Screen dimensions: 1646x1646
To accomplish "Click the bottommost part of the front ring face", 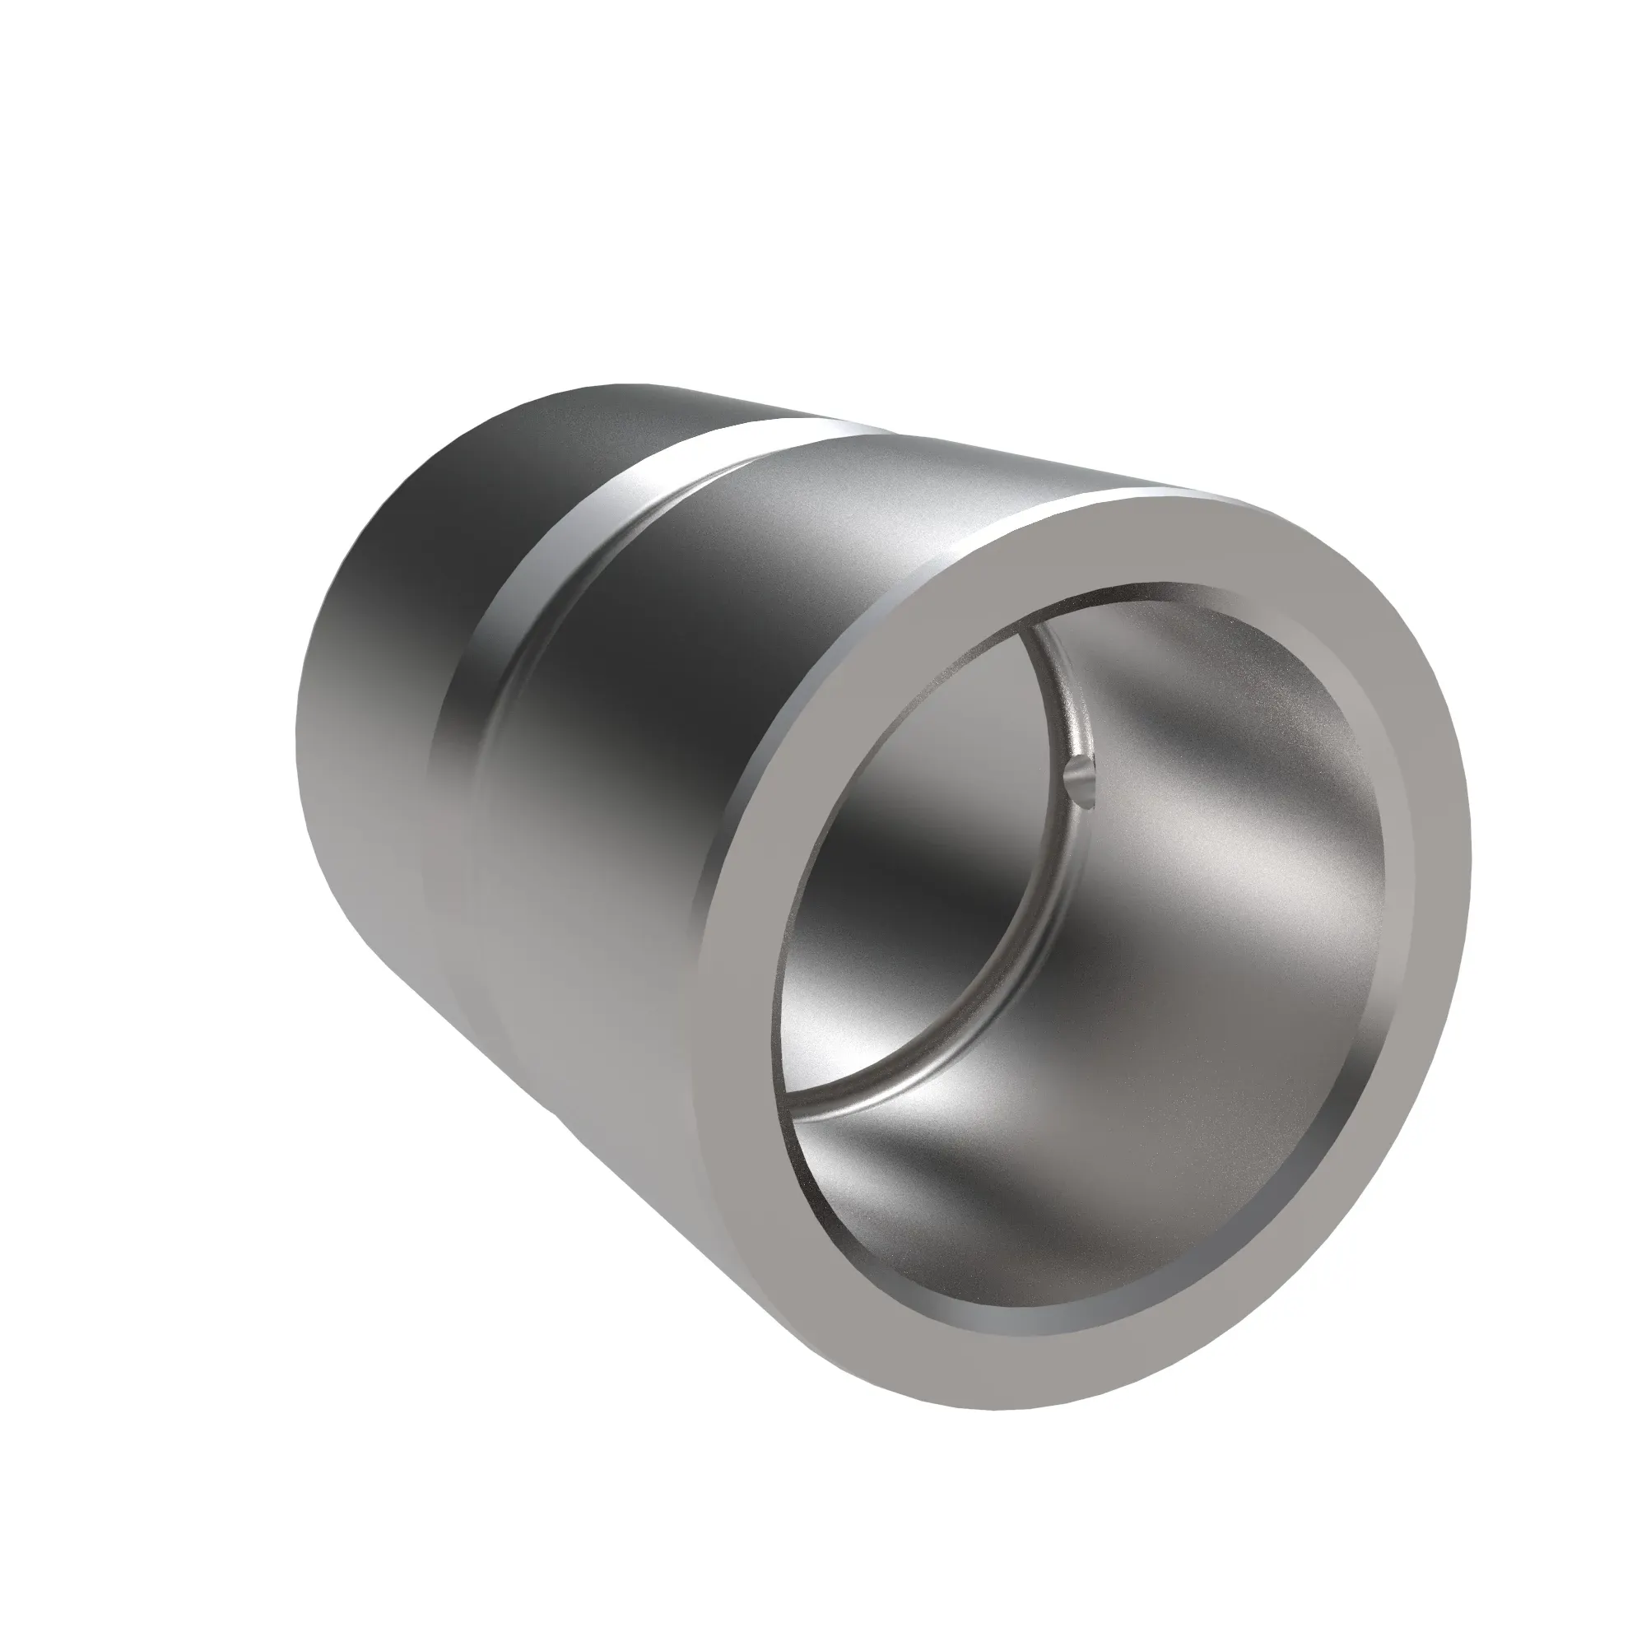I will [x=979, y=1397].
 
